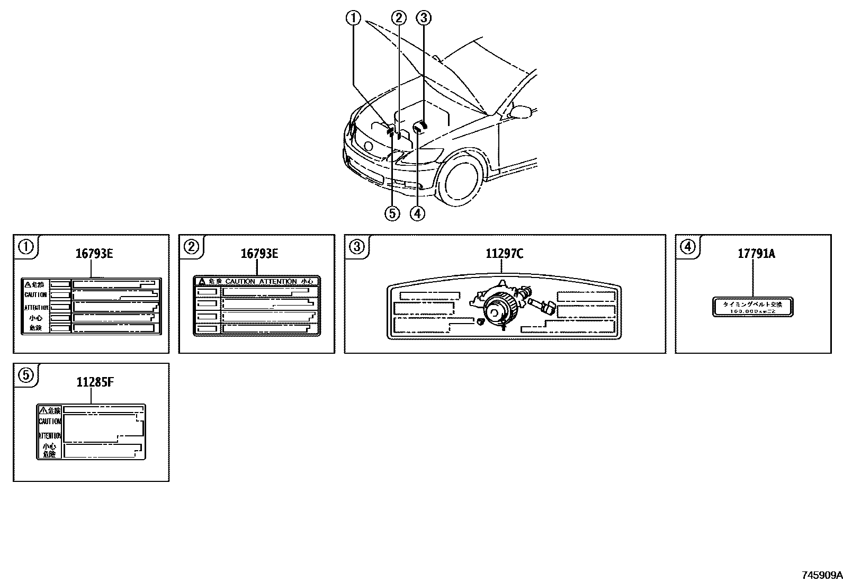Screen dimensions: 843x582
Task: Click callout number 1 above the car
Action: (353, 19)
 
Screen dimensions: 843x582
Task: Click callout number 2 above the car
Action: (399, 19)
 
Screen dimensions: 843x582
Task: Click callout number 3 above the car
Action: (424, 19)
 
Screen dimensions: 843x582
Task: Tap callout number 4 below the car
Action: (417, 213)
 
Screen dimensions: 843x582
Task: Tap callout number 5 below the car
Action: (392, 213)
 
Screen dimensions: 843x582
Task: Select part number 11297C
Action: (504, 254)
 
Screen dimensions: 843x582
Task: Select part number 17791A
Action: (756, 254)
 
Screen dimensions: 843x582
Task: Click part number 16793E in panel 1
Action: (94, 254)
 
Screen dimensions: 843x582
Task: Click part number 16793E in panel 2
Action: (259, 254)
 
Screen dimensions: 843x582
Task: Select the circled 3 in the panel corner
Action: (357, 246)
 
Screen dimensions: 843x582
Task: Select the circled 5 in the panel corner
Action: (26, 375)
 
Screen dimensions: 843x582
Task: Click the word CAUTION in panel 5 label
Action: (50, 422)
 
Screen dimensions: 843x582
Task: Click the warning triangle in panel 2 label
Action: (202, 282)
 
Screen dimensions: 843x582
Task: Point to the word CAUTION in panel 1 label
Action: (35, 295)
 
